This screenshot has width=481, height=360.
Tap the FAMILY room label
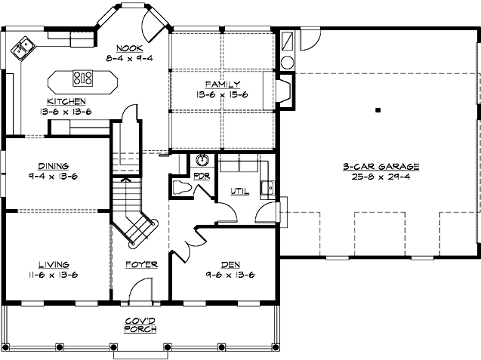pyautogui.click(x=222, y=84)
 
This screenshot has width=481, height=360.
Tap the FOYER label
pyautogui.click(x=141, y=265)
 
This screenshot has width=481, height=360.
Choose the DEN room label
pyautogui.click(x=230, y=264)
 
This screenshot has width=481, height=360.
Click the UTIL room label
pyautogui.click(x=239, y=192)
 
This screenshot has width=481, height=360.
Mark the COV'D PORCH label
pyautogui.click(x=141, y=325)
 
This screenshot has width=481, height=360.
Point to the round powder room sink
pyautogui.click(x=202, y=160)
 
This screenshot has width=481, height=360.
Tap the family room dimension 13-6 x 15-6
pyautogui.click(x=222, y=94)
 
